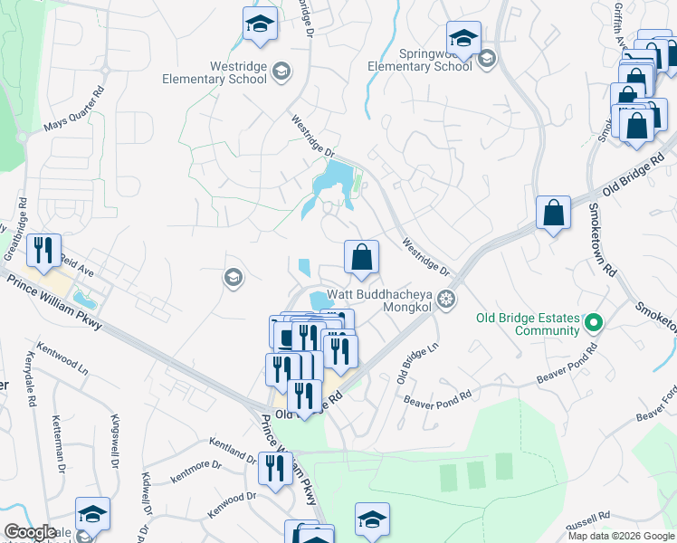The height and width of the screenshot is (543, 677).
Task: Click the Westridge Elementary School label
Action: [x=215, y=71]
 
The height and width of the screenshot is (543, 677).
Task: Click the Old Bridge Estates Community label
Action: [x=529, y=323]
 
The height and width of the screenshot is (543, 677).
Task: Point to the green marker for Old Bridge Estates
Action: [x=594, y=322]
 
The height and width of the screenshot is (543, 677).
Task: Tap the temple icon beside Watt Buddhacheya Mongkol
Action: [x=445, y=298]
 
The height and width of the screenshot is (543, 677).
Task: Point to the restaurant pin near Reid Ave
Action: [x=43, y=251]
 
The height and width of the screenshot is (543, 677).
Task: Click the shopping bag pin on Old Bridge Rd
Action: [x=552, y=214]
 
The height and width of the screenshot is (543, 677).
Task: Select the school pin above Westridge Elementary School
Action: [x=260, y=24]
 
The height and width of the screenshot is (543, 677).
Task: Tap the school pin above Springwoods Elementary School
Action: [x=462, y=40]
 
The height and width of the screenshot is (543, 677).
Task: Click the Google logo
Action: [x=30, y=532]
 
